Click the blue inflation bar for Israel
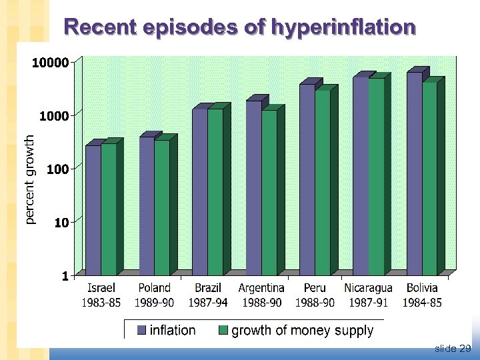tap(93, 210)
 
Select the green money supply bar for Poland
tap(162, 207)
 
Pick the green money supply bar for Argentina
tap(269, 193)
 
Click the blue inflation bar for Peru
tap(307, 179)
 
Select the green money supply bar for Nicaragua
tap(376, 177)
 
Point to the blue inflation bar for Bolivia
tap(414, 173)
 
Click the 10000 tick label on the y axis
tap(51, 63)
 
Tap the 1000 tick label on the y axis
tap(54, 116)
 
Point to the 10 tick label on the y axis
tap(61, 222)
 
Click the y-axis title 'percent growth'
tap(29, 179)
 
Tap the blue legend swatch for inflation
tap(142, 330)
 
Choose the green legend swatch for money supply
tap(223, 330)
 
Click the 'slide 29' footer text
tap(453, 348)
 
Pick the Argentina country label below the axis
tap(261, 288)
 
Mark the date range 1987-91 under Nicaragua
tap(368, 302)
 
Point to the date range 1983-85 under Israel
tap(101, 302)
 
